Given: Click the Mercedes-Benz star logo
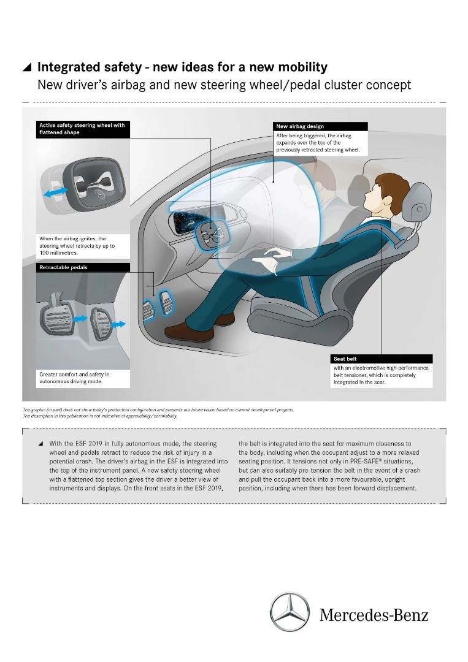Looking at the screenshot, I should pyautogui.click(x=290, y=612).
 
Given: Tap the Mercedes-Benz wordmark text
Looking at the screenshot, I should pyautogui.click(x=374, y=615).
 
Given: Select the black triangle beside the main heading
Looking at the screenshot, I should pyautogui.click(x=27, y=67).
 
